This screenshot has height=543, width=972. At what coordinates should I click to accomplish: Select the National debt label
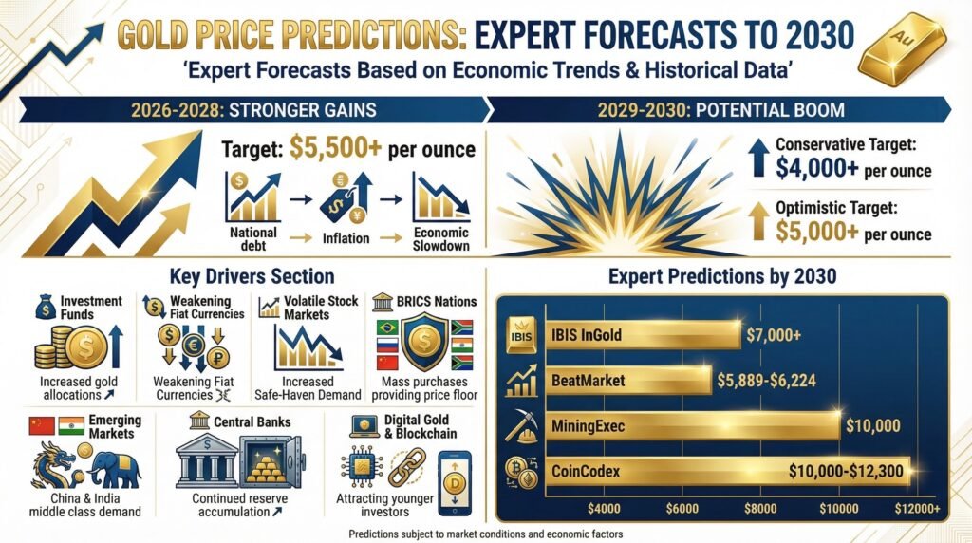[253, 239]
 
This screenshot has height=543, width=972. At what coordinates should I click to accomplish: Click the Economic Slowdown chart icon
[436, 197]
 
